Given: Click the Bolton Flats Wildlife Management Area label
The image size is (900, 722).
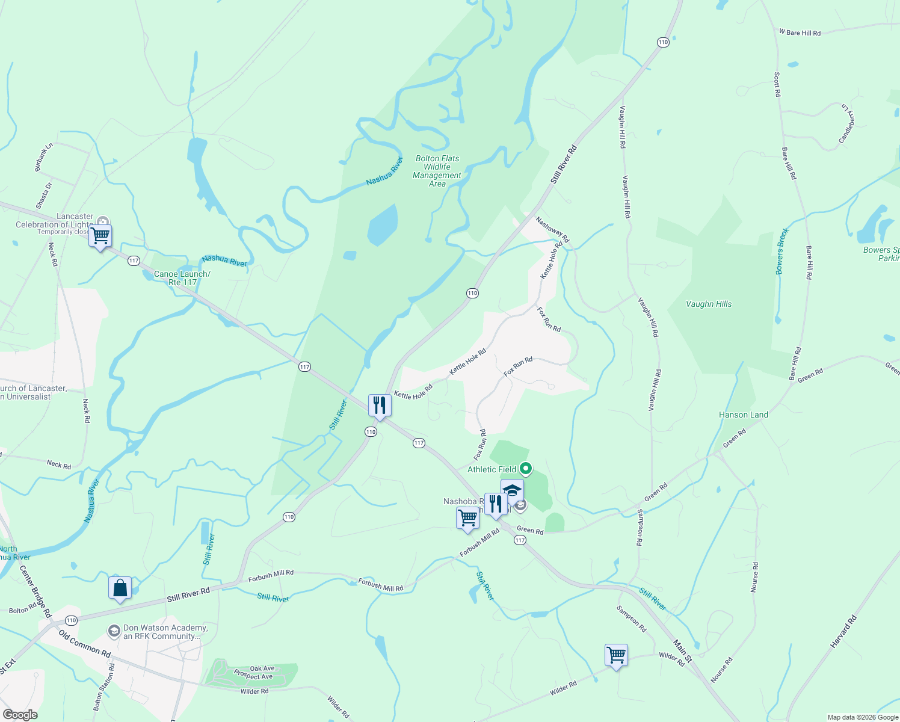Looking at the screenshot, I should coord(437,171).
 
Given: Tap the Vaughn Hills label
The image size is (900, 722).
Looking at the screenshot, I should coord(709,304).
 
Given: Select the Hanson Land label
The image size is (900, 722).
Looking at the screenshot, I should coord(743,415).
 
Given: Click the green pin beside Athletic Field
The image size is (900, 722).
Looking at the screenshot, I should coord(526,468).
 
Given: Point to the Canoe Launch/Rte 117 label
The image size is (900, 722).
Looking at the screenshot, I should coord(182,278).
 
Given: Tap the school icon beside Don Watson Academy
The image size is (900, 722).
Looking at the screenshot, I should coord(114,631).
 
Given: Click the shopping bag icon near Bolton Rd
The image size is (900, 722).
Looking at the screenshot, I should coord(120,588).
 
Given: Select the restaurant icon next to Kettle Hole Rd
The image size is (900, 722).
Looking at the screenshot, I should coord(380,406).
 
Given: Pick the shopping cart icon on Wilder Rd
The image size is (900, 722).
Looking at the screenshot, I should coord(616,655).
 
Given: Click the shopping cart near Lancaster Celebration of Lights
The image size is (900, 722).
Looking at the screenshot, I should coord(100,236).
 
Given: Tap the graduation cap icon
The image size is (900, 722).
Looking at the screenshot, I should coord(512,490).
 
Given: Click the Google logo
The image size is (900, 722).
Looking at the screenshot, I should coord(20,715).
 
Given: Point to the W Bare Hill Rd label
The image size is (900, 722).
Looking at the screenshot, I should coord(800,32).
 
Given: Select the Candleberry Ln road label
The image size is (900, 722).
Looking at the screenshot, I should coord(847,124).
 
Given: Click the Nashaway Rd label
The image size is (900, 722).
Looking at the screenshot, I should coord(552,230).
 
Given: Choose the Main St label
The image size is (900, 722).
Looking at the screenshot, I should coord(682,651).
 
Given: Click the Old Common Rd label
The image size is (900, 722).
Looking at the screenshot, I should coord(84,643).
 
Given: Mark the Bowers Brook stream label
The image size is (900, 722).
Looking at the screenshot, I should coord(781,251).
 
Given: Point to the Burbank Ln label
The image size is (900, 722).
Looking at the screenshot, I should coord(43,156).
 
